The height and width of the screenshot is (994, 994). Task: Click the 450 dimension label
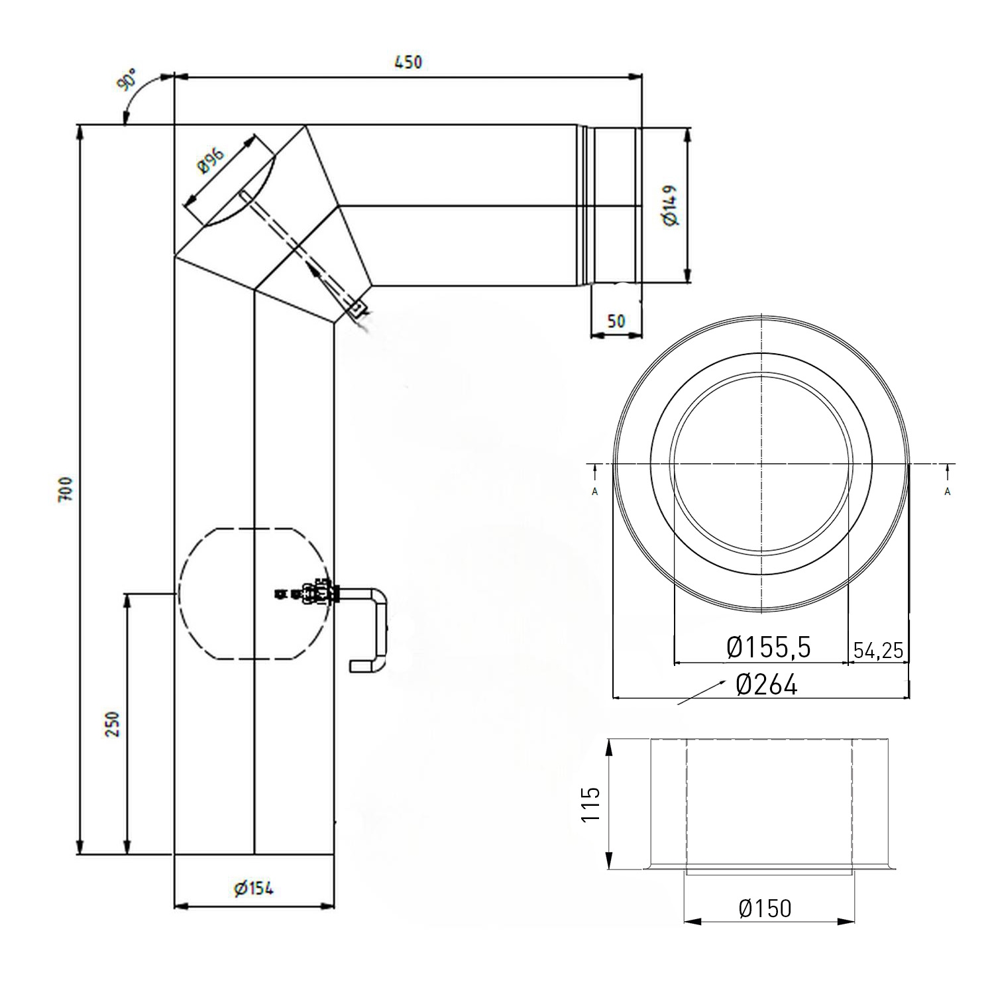408,62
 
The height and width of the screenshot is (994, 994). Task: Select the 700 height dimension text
66,489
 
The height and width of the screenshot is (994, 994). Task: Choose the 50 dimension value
616,321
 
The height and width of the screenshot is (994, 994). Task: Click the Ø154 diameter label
253,889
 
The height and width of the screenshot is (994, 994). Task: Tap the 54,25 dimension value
878,650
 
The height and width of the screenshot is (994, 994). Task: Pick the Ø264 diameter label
766,685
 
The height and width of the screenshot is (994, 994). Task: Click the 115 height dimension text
590,804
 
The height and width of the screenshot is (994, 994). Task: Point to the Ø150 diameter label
765,908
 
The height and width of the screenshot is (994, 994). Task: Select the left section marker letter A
594,491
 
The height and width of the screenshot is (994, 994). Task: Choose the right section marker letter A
947,491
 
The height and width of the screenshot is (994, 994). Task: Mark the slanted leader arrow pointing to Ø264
699,694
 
